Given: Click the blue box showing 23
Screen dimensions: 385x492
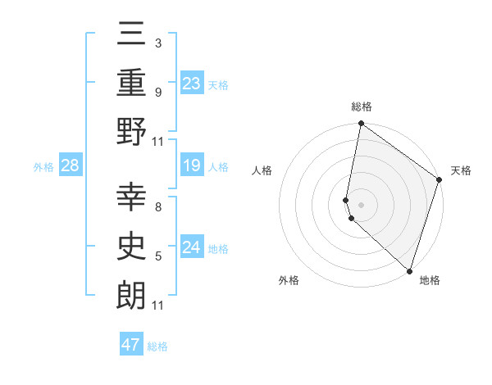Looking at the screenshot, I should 192,83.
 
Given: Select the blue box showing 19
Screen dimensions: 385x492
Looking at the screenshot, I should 192,166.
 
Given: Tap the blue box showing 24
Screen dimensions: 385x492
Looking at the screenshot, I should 192,247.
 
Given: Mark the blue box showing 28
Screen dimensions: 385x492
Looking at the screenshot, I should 70,166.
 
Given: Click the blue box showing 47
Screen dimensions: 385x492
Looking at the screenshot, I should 131,345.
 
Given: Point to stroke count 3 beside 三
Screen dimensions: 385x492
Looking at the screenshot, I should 157,43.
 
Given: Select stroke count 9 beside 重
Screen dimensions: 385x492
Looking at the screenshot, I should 157,92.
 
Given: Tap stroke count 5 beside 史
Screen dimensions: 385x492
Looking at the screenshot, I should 157,257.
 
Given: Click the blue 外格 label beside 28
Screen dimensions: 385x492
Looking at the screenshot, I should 43,167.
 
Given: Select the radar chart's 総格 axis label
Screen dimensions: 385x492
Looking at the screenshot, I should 361,106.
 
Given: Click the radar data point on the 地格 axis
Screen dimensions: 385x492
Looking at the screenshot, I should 410,271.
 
